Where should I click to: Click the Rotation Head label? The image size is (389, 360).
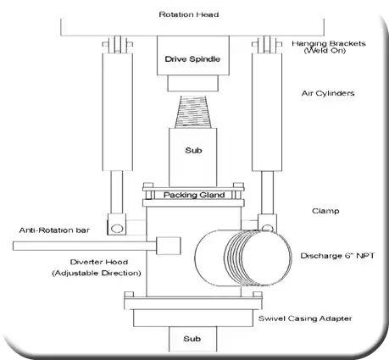point(189,14)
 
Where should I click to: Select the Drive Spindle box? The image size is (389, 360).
point(193,55)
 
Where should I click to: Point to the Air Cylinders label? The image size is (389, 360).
point(328,93)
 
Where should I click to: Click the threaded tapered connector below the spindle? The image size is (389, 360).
point(193,112)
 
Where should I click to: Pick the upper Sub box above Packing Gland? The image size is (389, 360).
point(193,157)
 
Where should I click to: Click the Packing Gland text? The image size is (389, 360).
point(194,195)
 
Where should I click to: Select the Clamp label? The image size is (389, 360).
point(325,211)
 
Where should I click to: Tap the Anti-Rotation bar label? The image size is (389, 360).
point(54,230)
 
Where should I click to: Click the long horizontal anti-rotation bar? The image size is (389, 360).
point(85,246)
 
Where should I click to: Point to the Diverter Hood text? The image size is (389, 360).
point(99,262)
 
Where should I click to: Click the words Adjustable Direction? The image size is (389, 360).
point(97,273)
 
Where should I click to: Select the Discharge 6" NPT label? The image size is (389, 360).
point(337,256)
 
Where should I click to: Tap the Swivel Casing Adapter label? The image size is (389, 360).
point(305,318)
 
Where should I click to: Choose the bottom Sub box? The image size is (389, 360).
point(193,339)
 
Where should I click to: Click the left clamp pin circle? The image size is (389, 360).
point(117,228)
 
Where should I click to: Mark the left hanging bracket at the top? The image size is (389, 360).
point(117,44)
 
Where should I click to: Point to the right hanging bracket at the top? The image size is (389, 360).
point(267,44)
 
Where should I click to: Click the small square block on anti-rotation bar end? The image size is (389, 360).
point(169,246)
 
